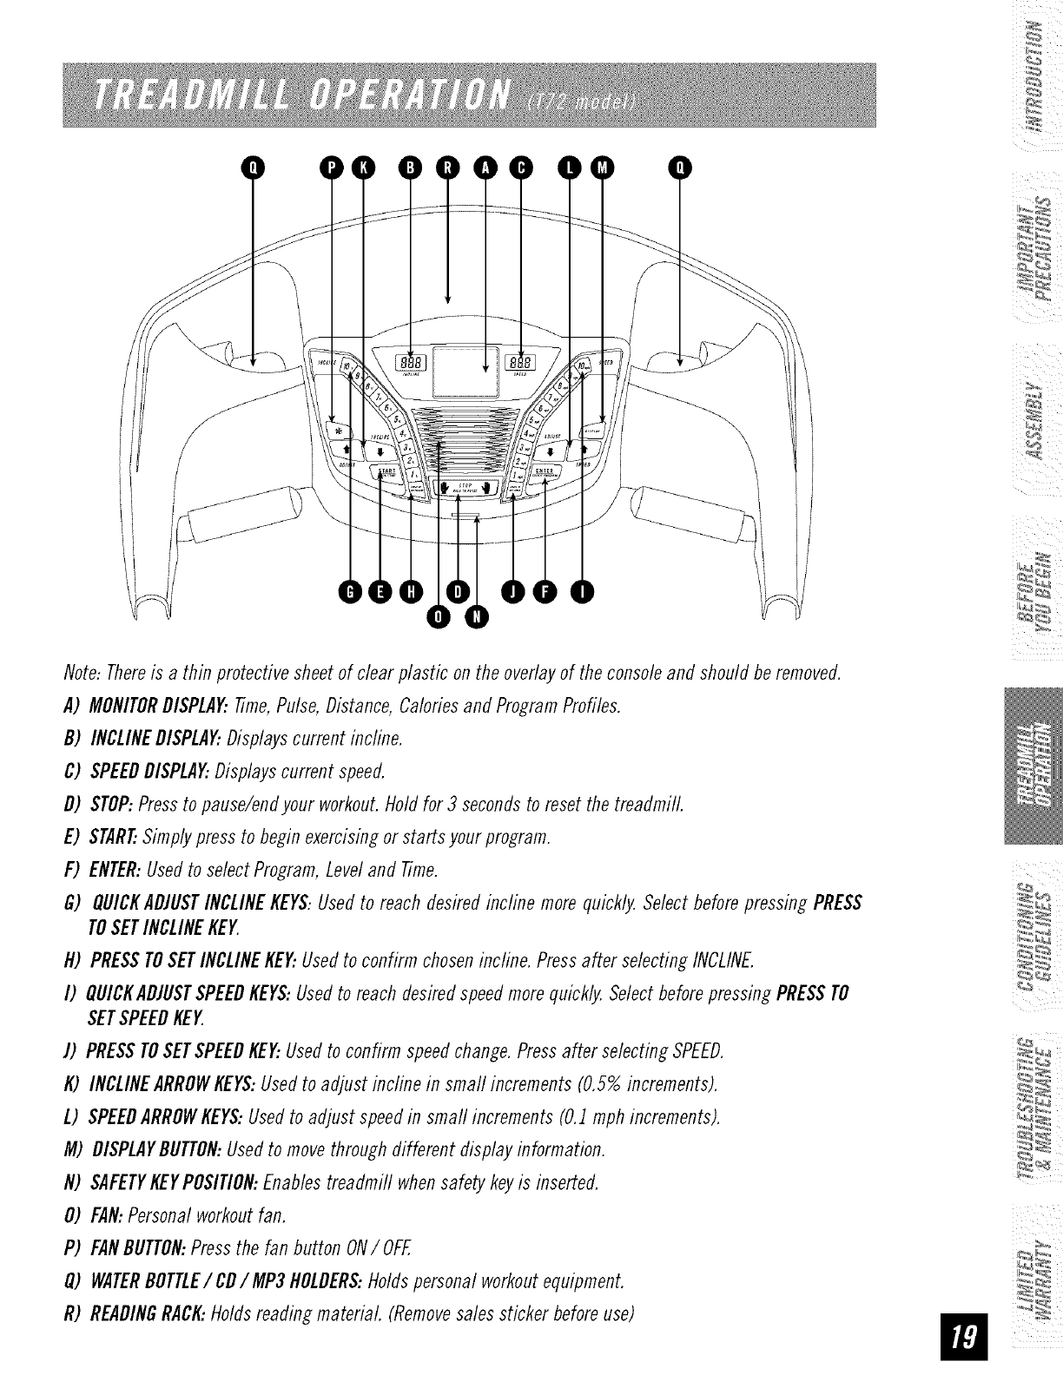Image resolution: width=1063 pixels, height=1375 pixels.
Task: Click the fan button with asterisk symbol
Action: [334, 427]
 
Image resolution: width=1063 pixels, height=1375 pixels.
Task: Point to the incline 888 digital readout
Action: [411, 362]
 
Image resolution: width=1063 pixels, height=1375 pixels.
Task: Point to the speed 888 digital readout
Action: [521, 362]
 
